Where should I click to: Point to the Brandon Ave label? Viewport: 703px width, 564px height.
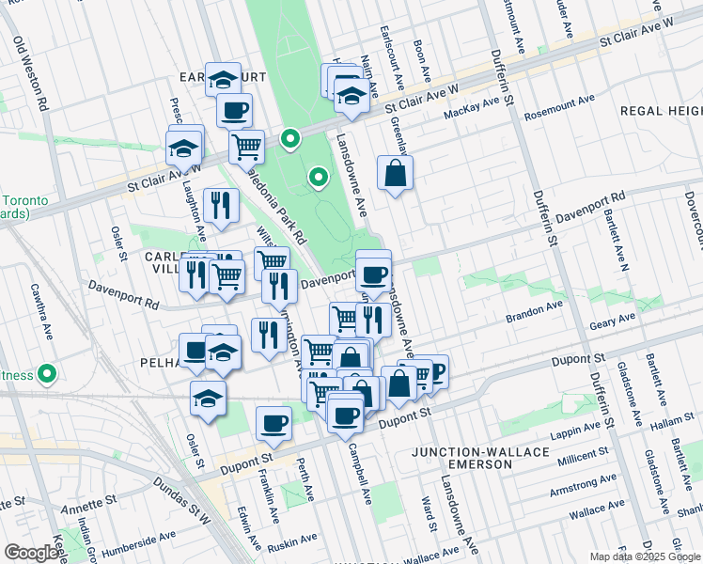click(x=537, y=305)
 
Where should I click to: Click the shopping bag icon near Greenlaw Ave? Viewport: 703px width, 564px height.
click(x=396, y=173)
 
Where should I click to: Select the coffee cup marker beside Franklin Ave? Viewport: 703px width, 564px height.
click(x=273, y=422)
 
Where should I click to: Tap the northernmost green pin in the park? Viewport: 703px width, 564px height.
click(x=291, y=141)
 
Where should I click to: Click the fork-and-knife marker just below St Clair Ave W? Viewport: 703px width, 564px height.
click(x=220, y=205)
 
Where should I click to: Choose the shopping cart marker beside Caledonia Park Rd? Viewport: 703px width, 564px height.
click(x=246, y=146)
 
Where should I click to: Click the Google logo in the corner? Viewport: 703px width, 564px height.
click(x=31, y=553)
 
